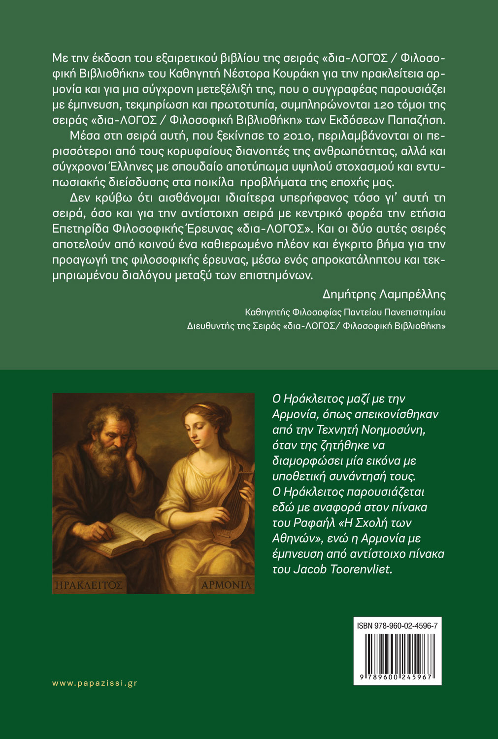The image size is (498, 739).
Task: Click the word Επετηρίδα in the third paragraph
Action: tap(81, 229)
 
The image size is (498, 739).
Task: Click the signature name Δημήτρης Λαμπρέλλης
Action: tap(384, 295)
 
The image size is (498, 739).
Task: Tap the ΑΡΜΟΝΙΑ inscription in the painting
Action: tap(226, 585)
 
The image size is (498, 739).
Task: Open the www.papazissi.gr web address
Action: tap(95, 683)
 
